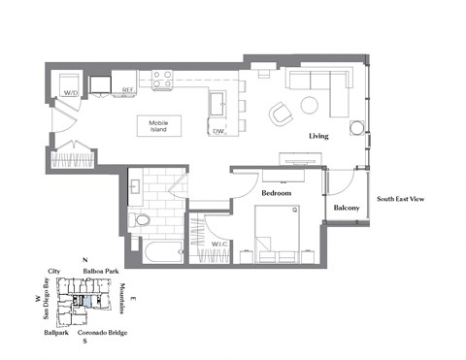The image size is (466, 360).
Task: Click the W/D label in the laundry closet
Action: (x=70, y=94)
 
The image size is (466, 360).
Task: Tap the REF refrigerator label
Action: (x=127, y=92)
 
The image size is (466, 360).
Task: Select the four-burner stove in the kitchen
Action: (x=161, y=79)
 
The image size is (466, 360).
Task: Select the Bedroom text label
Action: (x=277, y=193)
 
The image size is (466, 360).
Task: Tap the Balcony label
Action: (x=348, y=208)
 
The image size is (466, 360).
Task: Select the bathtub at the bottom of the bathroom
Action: (x=155, y=252)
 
